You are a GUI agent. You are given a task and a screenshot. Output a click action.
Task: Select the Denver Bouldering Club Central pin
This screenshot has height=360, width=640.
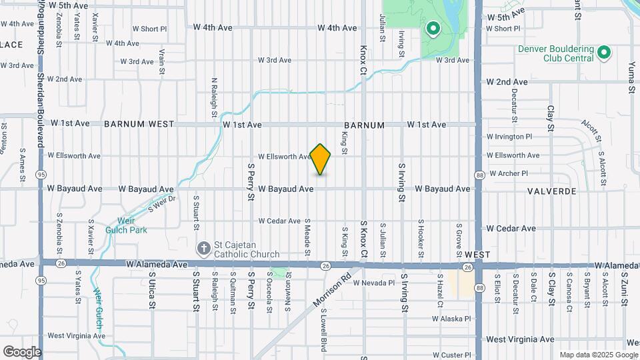click(604, 51)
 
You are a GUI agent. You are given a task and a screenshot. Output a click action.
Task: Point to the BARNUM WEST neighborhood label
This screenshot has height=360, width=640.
click(139, 124)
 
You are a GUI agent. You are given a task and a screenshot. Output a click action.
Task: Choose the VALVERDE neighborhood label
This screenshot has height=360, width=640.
click(551, 190)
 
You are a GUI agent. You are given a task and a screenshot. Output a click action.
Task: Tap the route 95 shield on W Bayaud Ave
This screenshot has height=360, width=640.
click(41, 174)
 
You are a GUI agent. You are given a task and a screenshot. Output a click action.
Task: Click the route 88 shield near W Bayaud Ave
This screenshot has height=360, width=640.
click(479, 175)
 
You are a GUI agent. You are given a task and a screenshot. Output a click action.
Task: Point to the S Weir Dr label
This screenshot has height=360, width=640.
click(161, 204)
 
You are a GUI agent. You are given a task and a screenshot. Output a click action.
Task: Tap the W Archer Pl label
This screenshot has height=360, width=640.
click(508, 173)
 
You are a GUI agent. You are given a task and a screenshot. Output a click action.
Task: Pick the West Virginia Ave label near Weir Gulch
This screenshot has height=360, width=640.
click(76, 335)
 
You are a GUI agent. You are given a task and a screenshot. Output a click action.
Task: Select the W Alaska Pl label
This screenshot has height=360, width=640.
click(451, 319)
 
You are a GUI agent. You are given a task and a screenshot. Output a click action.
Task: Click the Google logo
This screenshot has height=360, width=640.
click(21, 351)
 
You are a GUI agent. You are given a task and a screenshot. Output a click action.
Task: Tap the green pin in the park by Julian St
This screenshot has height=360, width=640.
click(433, 29)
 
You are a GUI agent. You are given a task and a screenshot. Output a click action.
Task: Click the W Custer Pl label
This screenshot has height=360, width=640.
click(451, 355)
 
